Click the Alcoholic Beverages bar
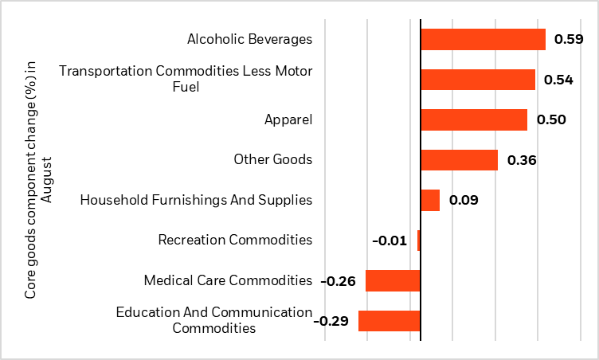483,39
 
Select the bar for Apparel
474,119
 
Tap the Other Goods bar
459,160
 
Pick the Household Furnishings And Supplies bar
430,200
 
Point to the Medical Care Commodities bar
393,280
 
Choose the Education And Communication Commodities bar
390,321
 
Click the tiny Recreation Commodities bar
419,241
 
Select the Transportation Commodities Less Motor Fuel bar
478,80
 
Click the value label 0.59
569,39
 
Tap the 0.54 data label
558,80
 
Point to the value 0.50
550,119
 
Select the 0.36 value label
521,160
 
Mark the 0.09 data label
463,200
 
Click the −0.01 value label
390,241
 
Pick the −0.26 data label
338,280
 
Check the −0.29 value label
331,321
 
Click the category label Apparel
288,119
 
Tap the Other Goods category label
272,159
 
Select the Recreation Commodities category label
235,240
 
